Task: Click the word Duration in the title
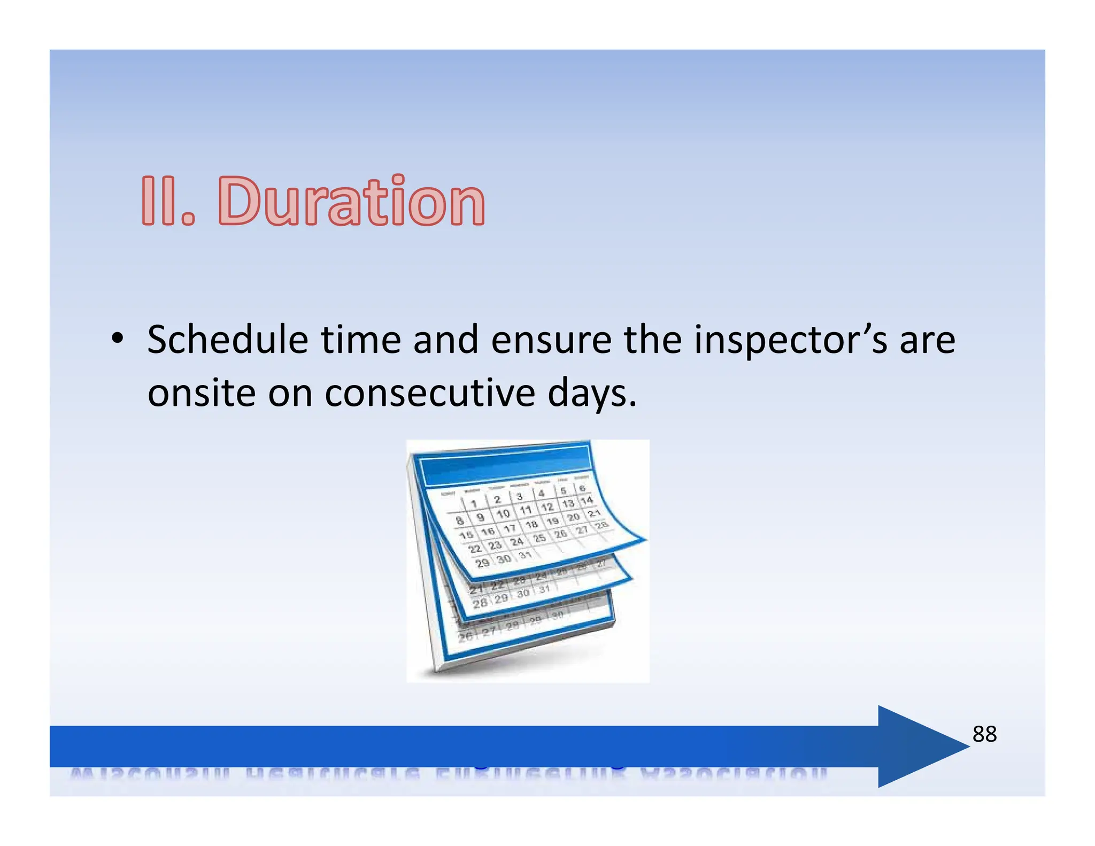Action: pos(351,202)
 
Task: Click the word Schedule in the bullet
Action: pos(227,340)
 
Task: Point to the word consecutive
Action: pos(429,393)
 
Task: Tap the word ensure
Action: pos(551,340)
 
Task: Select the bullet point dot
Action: pos(117,339)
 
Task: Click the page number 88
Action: pos(984,734)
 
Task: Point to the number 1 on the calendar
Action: pos(473,503)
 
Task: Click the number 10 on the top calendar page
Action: pos(503,513)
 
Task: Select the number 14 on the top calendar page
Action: pos(587,500)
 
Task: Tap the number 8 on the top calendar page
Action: pos(459,520)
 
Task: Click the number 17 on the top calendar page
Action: pos(510,528)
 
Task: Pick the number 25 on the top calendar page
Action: pos(539,537)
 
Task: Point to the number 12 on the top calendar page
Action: pos(547,506)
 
